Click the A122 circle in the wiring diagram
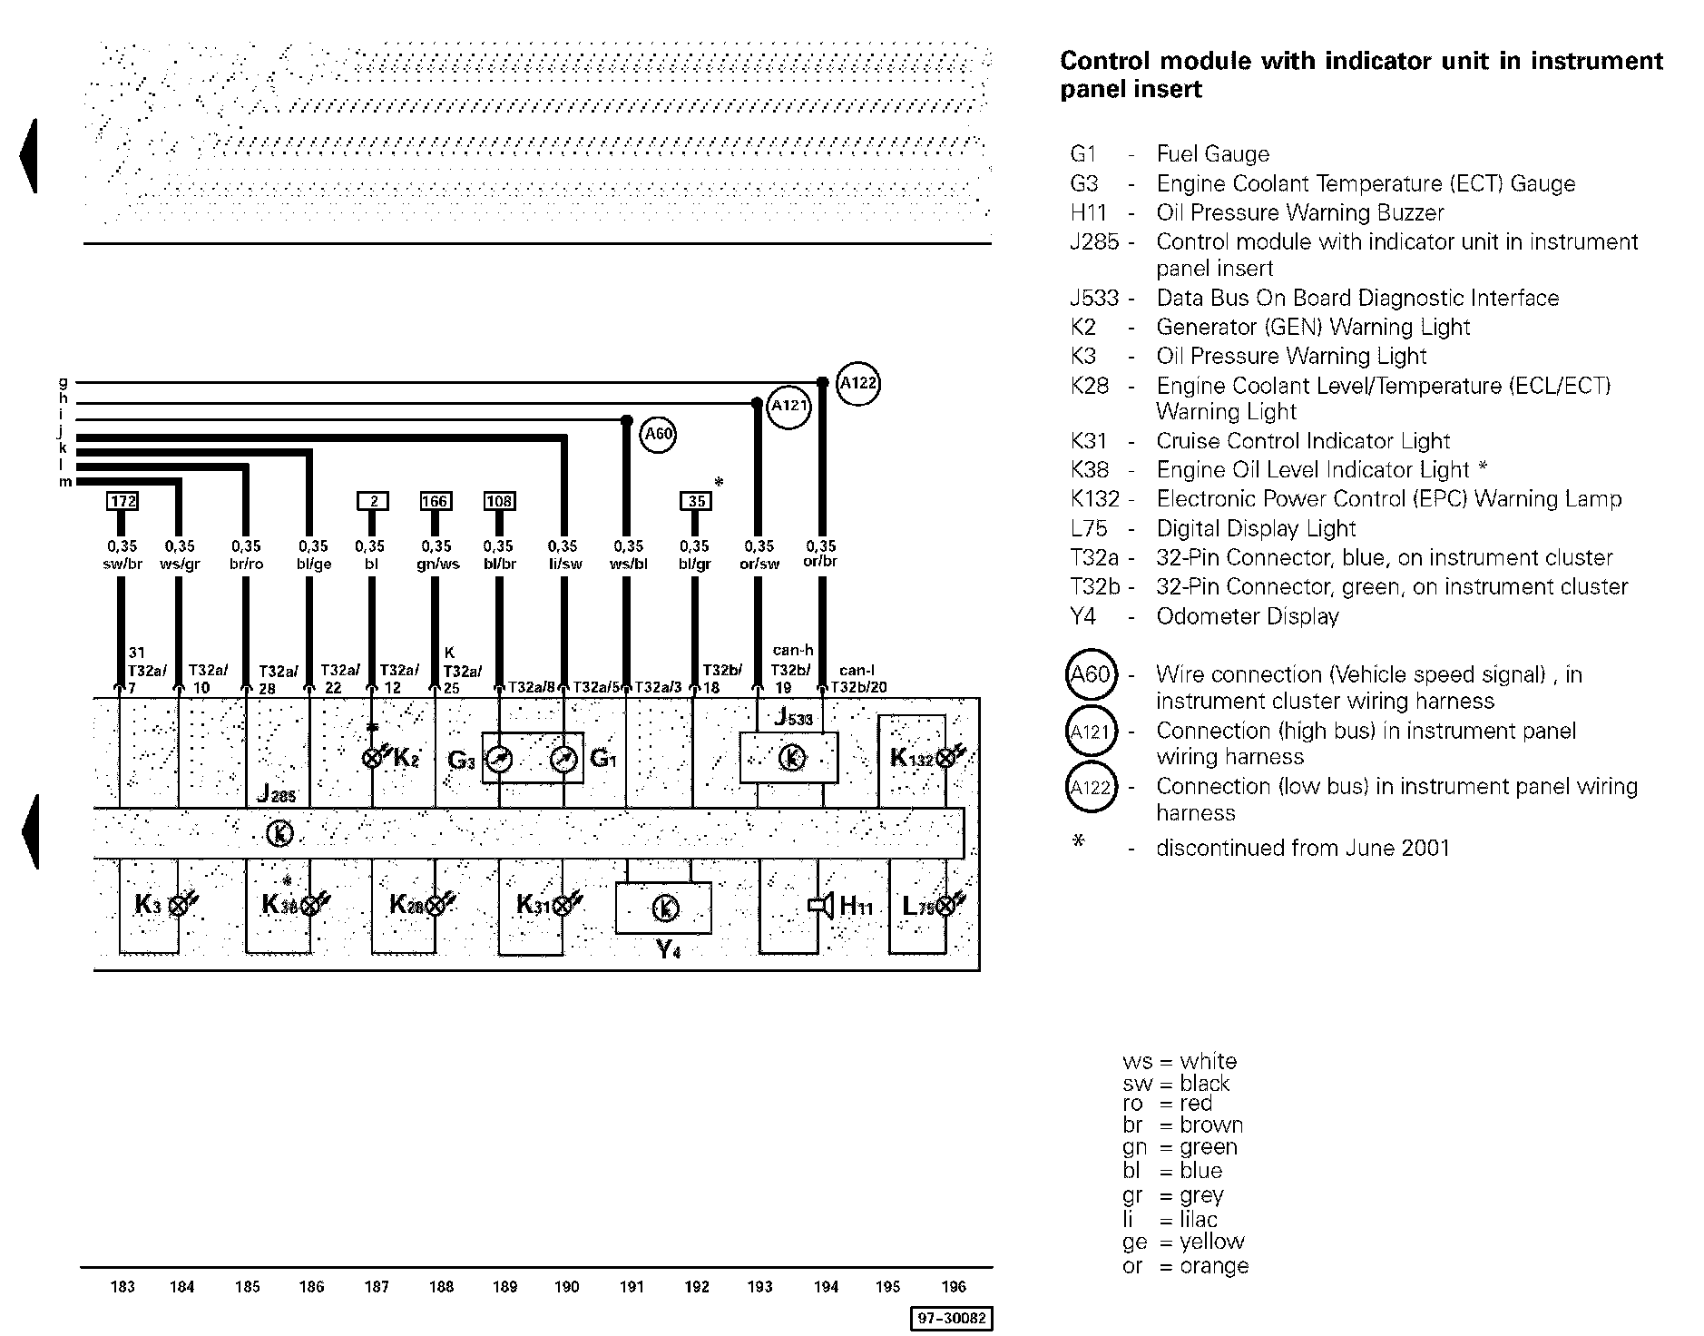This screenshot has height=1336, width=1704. tap(857, 383)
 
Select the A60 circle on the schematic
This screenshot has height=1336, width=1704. tap(658, 434)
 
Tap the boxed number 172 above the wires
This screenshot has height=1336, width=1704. tap(122, 500)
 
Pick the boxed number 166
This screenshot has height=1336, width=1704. tap(436, 500)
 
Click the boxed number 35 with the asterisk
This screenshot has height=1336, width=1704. tap(696, 500)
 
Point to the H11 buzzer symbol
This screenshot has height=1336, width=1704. tap(822, 906)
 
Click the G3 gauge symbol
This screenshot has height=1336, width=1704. tap(498, 759)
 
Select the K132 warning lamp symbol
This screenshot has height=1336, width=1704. tap(945, 758)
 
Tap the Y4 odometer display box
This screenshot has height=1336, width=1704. tap(664, 908)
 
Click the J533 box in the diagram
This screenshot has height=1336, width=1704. tap(789, 757)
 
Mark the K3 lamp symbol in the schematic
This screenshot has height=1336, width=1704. tap(179, 905)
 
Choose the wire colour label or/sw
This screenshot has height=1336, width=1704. tap(759, 564)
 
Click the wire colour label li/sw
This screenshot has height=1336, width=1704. tap(564, 564)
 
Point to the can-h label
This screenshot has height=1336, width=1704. tap(793, 650)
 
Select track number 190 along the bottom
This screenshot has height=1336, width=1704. tap(566, 1286)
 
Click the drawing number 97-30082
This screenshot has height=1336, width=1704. tap(951, 1318)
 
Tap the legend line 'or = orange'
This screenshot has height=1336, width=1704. tap(1185, 1265)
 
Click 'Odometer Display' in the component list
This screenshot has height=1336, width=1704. tap(1247, 616)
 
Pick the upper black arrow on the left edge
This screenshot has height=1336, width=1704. tap(29, 156)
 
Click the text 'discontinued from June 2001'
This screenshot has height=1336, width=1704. tap(1302, 848)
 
